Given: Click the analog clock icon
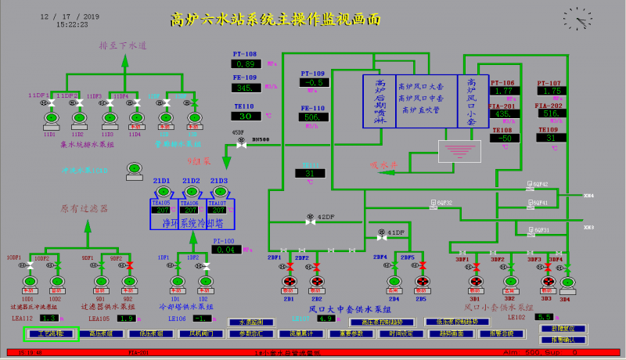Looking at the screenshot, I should pyautogui.click(x=577, y=16).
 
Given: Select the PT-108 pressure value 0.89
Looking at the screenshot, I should pyautogui.click(x=247, y=64).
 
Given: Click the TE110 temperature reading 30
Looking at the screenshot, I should pyautogui.click(x=247, y=116).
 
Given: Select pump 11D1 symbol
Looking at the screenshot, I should pyautogui.click(x=49, y=118).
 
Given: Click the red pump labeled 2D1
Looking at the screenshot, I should pyautogui.click(x=289, y=281).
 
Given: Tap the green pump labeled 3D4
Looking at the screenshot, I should pyautogui.click(x=564, y=281).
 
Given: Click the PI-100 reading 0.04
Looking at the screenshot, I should pyautogui.click(x=225, y=250).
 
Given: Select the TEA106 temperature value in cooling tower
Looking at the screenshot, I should pyautogui.click(x=190, y=210).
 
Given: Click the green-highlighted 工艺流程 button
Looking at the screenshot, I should pyautogui.click(x=49, y=334).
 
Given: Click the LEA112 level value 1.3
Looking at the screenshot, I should pyautogui.click(x=49, y=319).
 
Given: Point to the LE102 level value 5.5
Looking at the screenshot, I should pyautogui.click(x=543, y=317).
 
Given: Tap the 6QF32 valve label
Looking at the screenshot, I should pyautogui.click(x=444, y=203).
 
